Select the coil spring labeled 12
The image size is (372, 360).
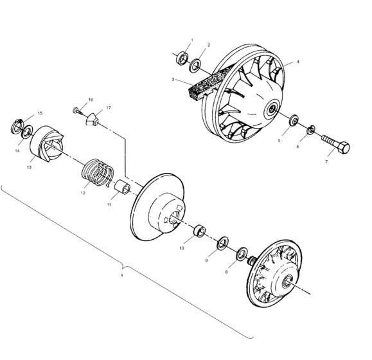coord(100,173)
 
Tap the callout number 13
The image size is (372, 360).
coord(30,166)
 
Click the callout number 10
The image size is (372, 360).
coord(182,247)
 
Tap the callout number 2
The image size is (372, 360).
coord(209,45)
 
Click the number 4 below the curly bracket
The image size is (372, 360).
coord(122,276)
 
